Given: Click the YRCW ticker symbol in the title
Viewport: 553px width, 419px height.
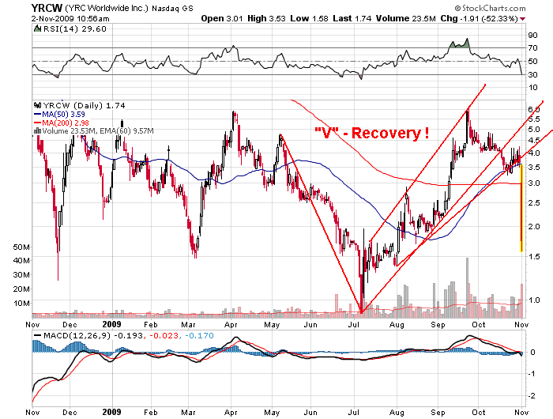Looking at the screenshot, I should tap(17, 7).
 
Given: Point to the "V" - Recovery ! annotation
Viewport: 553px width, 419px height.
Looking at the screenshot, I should tap(371, 133).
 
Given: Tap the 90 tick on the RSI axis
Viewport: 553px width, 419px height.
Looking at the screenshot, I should tap(533, 36).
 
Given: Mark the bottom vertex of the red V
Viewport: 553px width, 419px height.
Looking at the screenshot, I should tap(361, 311).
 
